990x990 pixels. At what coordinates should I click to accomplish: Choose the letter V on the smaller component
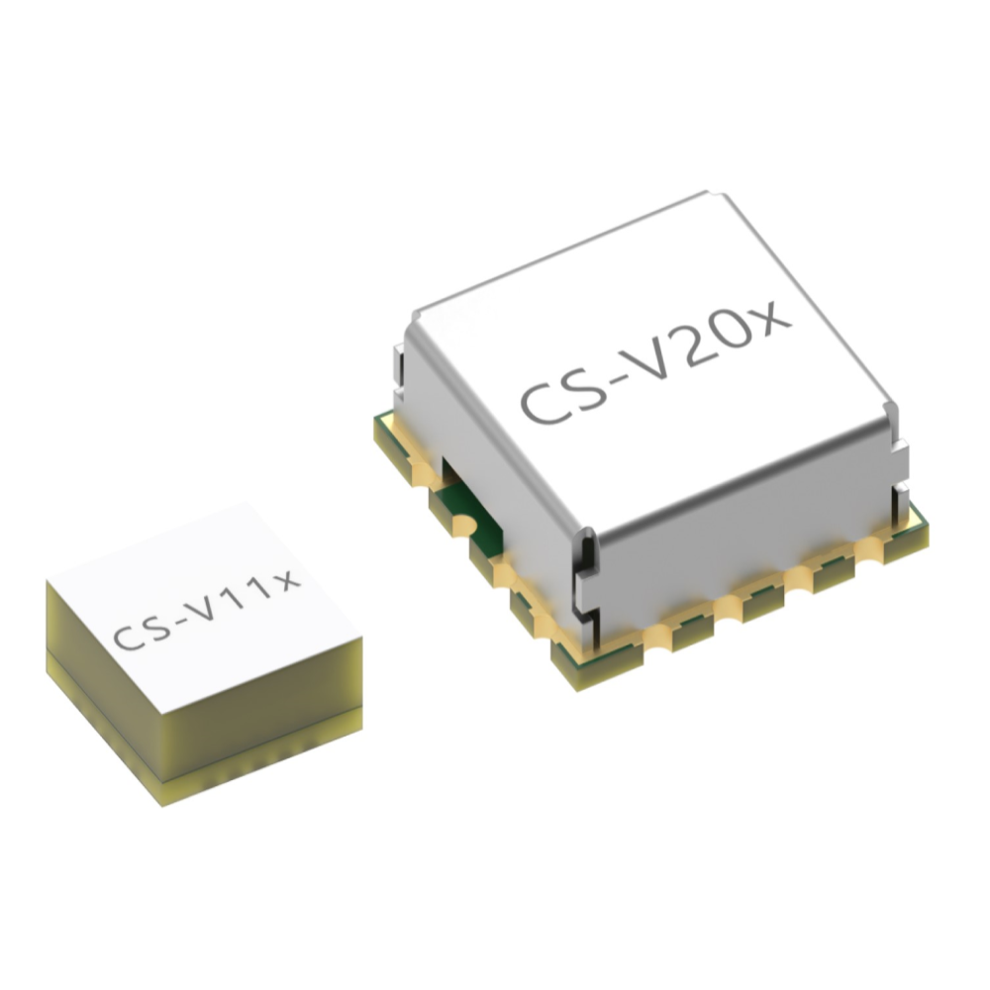[x=203, y=608]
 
